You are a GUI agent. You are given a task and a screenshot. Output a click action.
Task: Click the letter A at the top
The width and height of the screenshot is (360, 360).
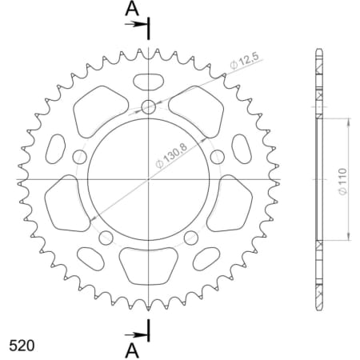tap(133, 9)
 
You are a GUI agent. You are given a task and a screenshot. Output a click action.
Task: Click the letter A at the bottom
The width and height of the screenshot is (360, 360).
tap(133, 350)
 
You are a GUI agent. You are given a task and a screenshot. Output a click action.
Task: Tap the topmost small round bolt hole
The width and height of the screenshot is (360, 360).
tap(149, 107)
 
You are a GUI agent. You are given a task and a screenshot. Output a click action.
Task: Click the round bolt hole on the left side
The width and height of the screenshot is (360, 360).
tap(80, 157)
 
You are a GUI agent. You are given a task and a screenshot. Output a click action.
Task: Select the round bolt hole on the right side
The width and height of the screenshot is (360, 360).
tap(218, 157)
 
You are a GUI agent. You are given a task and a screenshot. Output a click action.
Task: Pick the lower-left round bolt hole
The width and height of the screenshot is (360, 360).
tap(106, 238)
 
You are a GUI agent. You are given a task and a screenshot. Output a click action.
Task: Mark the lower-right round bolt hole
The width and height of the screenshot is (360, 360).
tap(191, 238)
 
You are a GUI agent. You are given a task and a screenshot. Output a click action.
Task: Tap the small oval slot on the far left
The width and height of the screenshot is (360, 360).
tap(58, 147)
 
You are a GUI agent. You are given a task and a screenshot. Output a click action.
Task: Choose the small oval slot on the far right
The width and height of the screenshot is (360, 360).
tap(239, 147)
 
